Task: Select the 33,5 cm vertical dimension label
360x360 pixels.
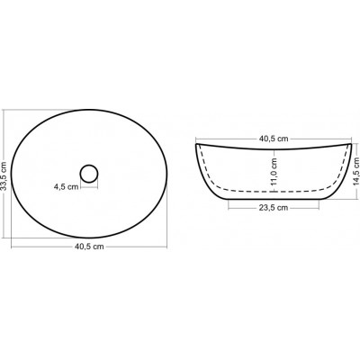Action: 4,174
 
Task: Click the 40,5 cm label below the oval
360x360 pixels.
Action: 89,247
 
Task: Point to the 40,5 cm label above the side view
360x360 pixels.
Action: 274,139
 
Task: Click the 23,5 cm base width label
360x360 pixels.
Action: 274,208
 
